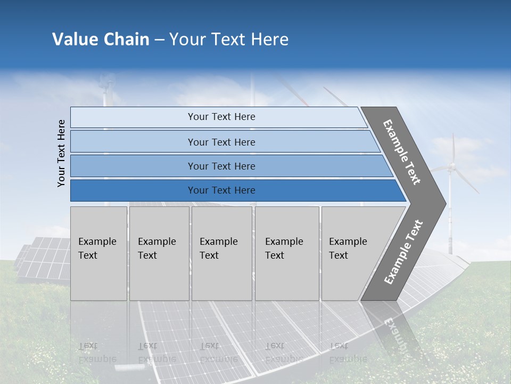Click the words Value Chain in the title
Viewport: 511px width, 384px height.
(101, 39)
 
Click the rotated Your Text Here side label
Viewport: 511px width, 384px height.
(61, 153)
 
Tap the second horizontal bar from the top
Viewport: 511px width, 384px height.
(221, 142)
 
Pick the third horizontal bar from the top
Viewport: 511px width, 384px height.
(221, 166)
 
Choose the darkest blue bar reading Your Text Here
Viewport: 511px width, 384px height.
(221, 190)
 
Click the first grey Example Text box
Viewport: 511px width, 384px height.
(98, 253)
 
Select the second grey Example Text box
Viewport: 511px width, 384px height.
(159, 253)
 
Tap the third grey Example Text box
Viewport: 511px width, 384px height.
(221, 253)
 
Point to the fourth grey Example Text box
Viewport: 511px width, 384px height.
(286, 253)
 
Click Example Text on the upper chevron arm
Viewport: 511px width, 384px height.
(402, 153)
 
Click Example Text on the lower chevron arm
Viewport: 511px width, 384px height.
(403, 252)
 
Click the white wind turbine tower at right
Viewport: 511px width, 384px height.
(451, 219)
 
